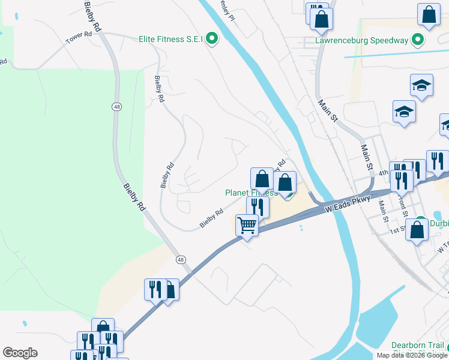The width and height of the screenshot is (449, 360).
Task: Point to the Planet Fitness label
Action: [x=251, y=193]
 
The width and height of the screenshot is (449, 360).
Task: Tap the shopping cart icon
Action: [x=247, y=226]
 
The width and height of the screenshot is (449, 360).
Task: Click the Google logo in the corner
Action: [x=20, y=353]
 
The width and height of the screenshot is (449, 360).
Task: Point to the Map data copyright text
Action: [x=412, y=355]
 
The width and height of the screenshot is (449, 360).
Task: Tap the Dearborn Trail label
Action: [x=417, y=345]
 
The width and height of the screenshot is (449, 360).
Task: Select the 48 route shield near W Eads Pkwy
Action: [x=181, y=260]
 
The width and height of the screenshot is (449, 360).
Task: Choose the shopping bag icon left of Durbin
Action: [x=417, y=229]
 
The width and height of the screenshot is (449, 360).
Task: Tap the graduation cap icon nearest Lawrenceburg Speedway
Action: [x=422, y=86]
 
